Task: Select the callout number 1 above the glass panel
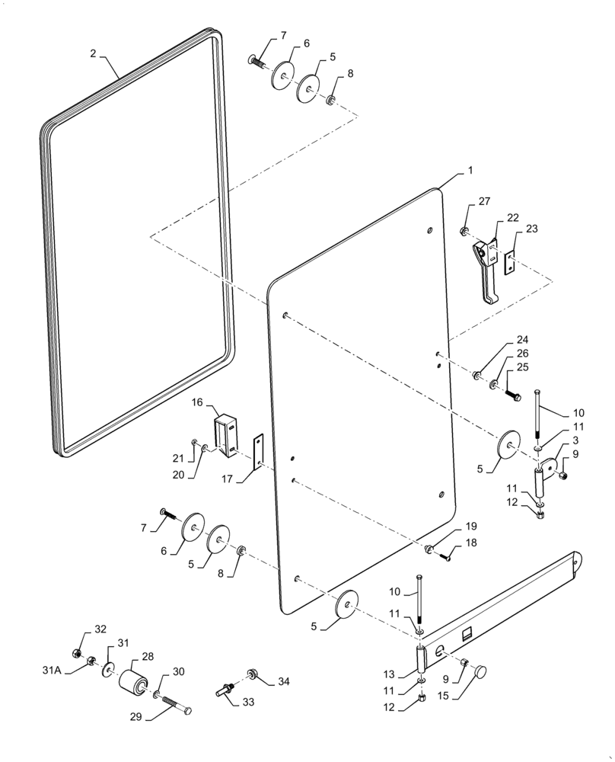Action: pos(470,171)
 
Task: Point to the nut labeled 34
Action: pos(252,673)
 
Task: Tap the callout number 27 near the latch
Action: pos(485,202)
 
